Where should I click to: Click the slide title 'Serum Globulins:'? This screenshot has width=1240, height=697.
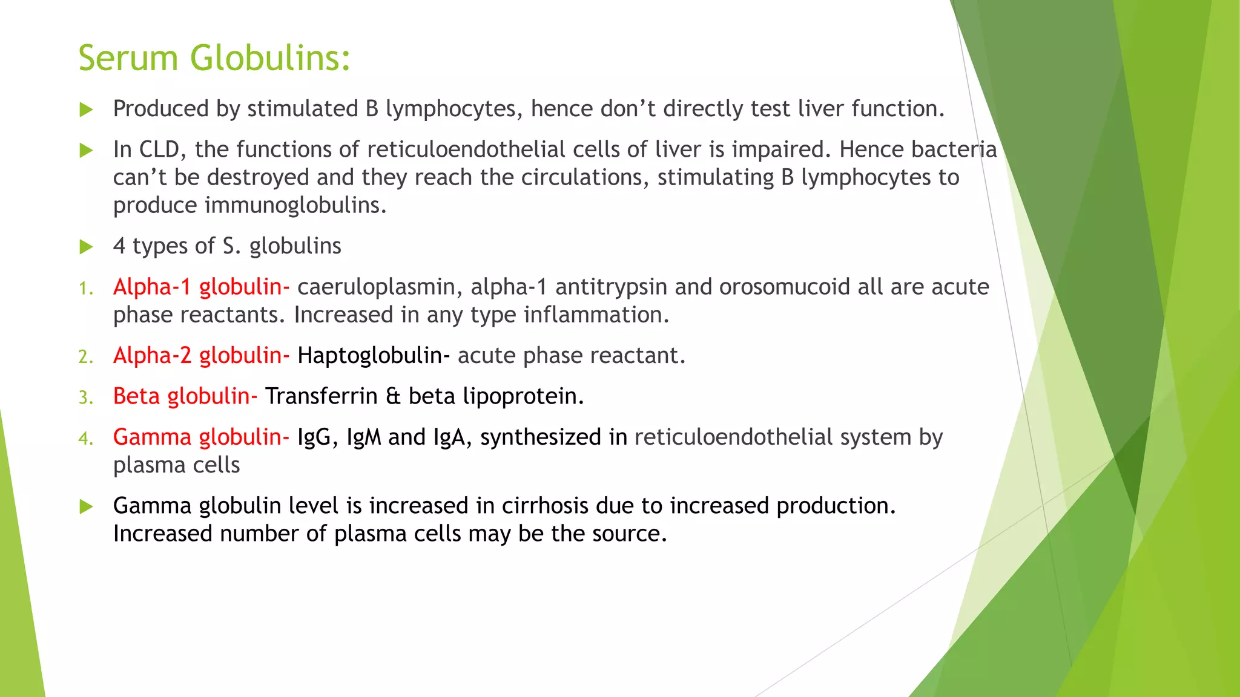point(214,58)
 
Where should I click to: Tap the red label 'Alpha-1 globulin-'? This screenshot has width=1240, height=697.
point(201,287)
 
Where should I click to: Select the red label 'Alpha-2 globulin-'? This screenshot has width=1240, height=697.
point(201,356)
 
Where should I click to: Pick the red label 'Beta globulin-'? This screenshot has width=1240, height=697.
point(185,396)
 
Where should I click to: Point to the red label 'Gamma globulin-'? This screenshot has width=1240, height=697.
point(201,437)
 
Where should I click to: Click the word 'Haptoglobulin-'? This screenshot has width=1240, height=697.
point(374,356)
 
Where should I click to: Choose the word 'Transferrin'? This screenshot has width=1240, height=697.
point(322,396)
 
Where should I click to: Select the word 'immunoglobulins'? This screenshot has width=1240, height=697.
point(295,205)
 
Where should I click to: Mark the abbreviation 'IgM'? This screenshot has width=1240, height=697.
point(364,437)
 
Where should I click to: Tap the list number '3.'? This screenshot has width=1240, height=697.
point(86,398)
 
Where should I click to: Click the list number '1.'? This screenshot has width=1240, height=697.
point(86,289)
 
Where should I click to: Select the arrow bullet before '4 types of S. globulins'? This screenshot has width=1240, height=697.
point(87,247)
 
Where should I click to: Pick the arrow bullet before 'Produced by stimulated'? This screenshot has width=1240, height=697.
point(87,110)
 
